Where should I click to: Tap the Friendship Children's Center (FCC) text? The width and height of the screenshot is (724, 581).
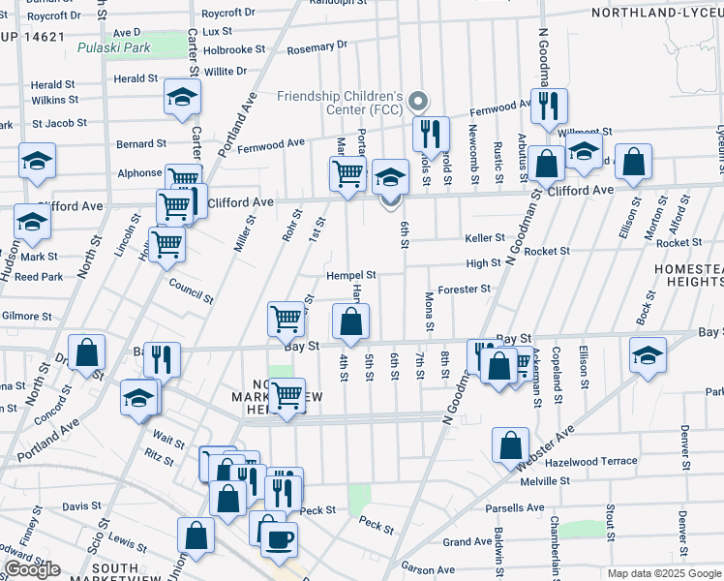click(x=339, y=104)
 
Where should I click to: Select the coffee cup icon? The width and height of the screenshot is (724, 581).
click(x=281, y=537)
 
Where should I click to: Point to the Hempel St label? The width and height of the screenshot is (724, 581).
click(x=349, y=275)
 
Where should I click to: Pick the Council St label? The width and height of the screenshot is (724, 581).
click(x=190, y=292)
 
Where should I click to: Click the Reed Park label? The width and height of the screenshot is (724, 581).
click(x=38, y=277)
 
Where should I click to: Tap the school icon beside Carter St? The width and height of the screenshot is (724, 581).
click(x=180, y=98)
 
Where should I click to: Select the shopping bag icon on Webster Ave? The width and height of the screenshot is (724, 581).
click(x=510, y=445)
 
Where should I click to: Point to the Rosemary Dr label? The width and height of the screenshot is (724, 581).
click(x=317, y=46)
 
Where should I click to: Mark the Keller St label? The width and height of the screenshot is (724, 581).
click(x=484, y=237)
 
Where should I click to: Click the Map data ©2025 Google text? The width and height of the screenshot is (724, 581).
click(x=664, y=573)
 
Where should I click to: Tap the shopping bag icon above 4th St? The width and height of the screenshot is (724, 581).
click(x=350, y=321)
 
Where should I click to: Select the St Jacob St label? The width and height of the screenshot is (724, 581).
click(x=59, y=124)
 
